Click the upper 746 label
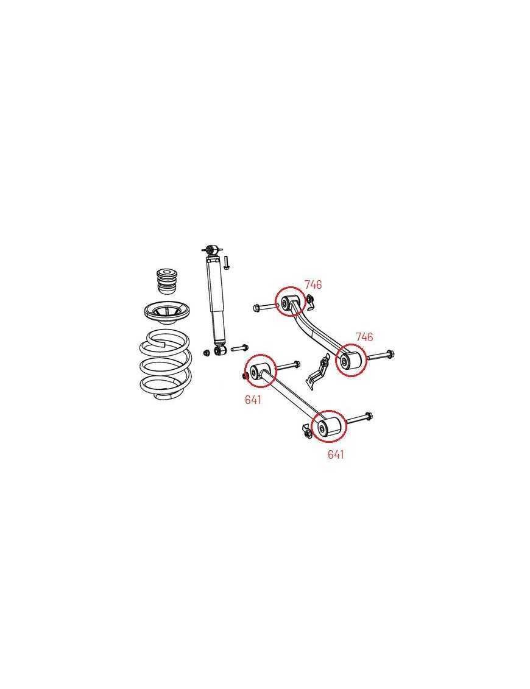click(313, 284)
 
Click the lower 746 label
click(364, 337)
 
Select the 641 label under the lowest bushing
click(336, 455)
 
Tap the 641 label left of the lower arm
click(253, 400)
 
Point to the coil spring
click(165, 366)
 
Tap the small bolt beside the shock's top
click(226, 263)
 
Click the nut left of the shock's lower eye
click(207, 352)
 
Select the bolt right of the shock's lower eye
click(239, 348)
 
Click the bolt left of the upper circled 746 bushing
click(265, 307)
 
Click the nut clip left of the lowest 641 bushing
click(306, 431)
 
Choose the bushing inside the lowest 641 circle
click(328, 425)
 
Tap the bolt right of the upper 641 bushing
click(288, 366)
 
